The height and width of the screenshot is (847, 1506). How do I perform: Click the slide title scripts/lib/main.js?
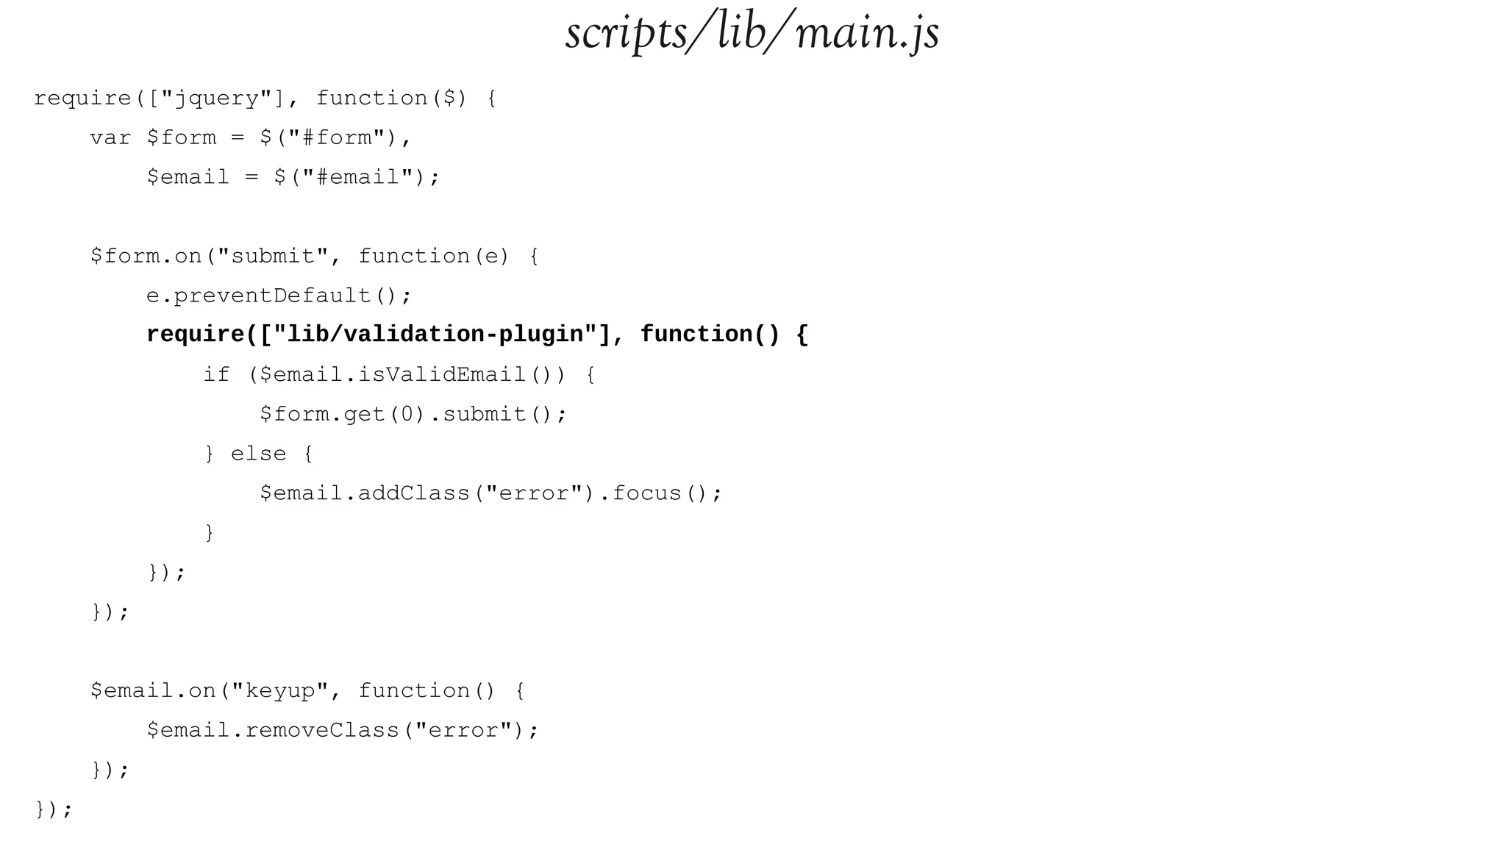point(752,33)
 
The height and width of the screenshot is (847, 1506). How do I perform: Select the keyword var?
point(110,137)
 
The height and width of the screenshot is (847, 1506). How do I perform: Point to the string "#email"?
point(357,177)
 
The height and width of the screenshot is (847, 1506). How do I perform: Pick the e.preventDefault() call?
point(279,296)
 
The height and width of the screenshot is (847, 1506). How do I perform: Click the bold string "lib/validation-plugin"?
point(435,335)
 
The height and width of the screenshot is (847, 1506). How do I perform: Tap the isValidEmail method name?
point(442,374)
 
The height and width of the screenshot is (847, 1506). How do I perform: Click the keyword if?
point(216,374)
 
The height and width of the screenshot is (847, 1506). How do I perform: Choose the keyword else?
point(258,454)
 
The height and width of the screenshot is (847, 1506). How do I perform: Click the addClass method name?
point(414,493)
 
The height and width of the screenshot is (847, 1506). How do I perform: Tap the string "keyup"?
point(279,691)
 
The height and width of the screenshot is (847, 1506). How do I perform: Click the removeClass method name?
point(323,730)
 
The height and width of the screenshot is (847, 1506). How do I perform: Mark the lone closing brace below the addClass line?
point(210,532)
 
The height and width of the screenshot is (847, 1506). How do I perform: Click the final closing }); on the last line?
point(54,810)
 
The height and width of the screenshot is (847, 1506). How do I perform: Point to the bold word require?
point(196,335)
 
